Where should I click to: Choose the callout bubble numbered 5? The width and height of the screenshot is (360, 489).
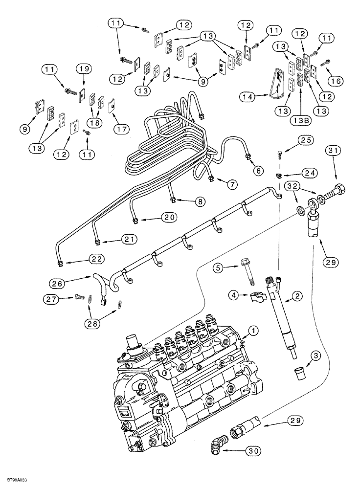(219, 267)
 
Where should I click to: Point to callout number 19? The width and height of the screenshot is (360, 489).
(82, 69)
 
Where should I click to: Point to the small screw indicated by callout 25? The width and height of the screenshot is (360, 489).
(278, 156)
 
